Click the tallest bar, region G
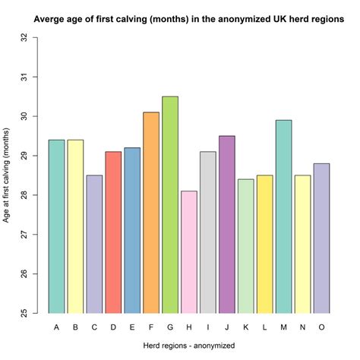[x=170, y=205]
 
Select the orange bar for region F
[x=151, y=213]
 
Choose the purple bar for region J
[x=227, y=225]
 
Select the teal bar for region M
[x=284, y=216]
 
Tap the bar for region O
[x=322, y=238]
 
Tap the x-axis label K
[x=246, y=327]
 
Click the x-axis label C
[x=94, y=327]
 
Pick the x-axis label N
[x=303, y=327]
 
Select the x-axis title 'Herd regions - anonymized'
[x=188, y=346]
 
